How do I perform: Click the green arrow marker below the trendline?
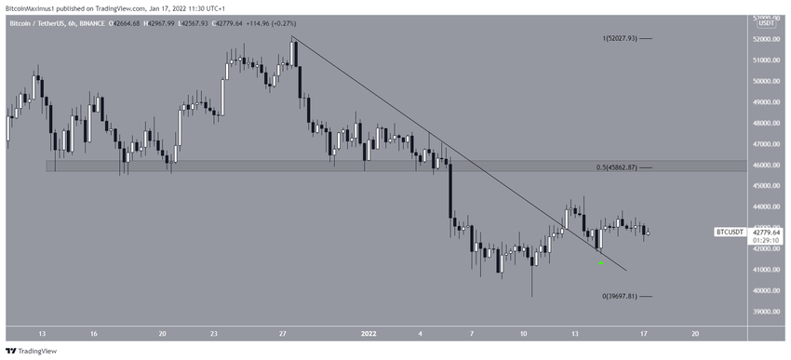tap(601, 262)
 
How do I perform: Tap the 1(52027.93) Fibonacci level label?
tap(619, 38)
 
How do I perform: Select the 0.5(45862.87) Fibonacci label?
tap(616, 167)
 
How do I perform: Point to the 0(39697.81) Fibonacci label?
tap(619, 296)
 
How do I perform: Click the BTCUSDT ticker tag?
tap(729, 232)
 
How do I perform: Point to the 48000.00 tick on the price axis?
tap(764, 123)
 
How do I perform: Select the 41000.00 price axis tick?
tap(764, 270)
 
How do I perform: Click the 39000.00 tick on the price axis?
tap(764, 312)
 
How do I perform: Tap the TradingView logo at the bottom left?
tap(32, 351)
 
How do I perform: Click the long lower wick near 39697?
tap(532, 284)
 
